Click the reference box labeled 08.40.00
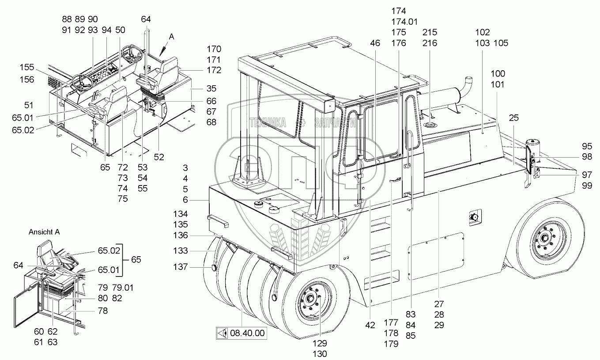point(242,333)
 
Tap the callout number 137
point(180,267)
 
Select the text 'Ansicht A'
point(44,232)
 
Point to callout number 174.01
point(404,22)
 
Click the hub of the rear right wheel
point(544,238)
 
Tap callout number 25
point(514,118)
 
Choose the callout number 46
point(375,43)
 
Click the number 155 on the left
point(27,67)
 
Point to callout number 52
point(159,157)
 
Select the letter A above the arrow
point(171,37)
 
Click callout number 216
point(430,43)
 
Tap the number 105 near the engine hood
point(501,43)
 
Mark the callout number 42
point(370,325)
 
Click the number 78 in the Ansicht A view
point(102,311)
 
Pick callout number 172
point(214,70)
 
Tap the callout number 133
point(180,251)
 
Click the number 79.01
point(123,288)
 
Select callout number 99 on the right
point(587,186)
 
